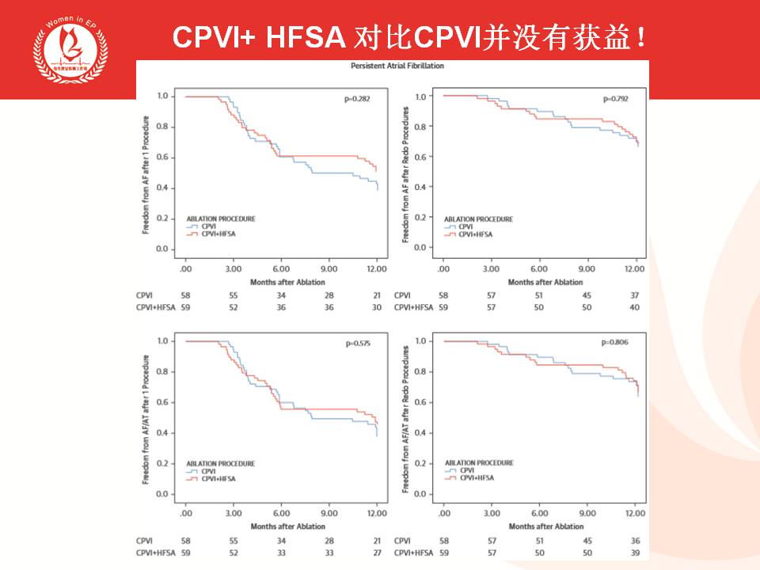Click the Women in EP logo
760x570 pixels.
(x=67, y=48)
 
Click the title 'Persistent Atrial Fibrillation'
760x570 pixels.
(x=397, y=66)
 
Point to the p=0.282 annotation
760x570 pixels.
(x=357, y=99)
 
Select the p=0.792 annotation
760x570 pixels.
(x=614, y=99)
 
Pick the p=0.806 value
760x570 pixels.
(x=614, y=344)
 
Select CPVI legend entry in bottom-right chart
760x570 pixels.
(x=466, y=469)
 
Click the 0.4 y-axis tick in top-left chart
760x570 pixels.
(x=162, y=188)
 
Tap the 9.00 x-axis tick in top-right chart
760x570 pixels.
(x=587, y=269)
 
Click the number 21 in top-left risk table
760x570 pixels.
(x=376, y=294)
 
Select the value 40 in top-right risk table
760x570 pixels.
(x=634, y=306)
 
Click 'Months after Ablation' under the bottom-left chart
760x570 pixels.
(x=287, y=526)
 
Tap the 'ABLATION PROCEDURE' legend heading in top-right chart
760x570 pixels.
(x=478, y=219)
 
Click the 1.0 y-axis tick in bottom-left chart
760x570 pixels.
(x=162, y=341)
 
